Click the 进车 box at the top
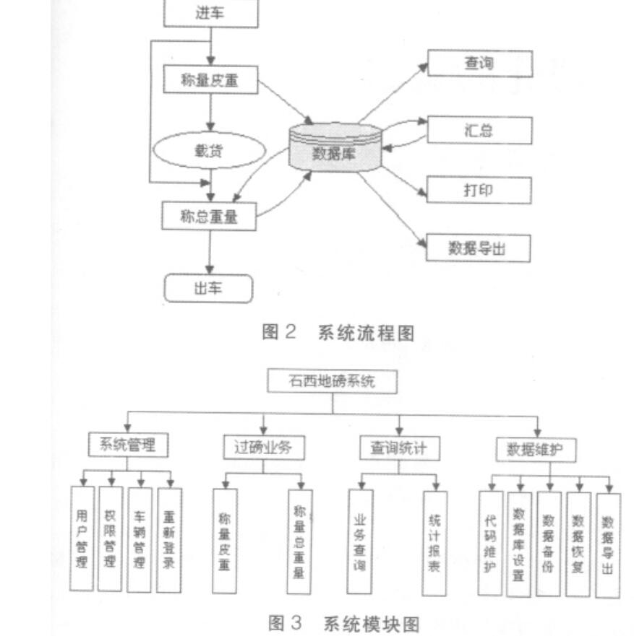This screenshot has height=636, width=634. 210,13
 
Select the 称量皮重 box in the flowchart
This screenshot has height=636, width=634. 210,82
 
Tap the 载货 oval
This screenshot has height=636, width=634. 207,152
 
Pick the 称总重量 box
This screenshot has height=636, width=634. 209,215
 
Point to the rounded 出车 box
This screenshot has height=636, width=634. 208,288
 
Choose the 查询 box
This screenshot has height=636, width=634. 479,64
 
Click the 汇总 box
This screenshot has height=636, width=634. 479,131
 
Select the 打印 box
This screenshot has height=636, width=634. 479,191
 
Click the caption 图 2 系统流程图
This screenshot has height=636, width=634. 338,333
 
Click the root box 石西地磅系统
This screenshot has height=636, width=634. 333,381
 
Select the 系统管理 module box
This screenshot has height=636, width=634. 128,445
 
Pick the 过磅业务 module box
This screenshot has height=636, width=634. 263,448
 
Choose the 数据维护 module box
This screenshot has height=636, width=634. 536,450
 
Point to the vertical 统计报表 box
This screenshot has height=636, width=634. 434,543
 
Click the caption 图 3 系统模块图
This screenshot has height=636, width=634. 343,622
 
